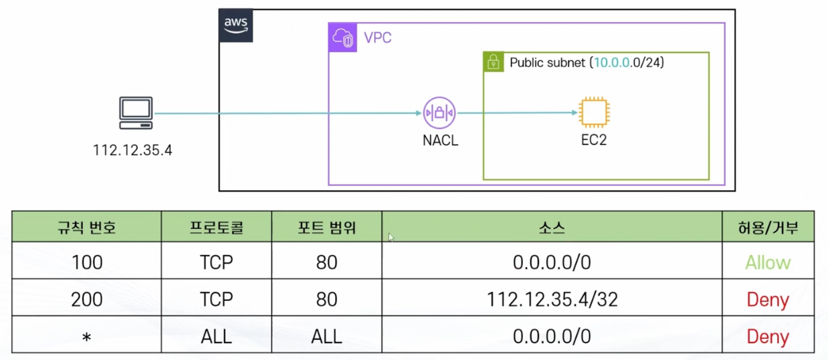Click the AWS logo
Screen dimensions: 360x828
click(236, 25)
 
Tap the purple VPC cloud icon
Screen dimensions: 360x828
click(342, 38)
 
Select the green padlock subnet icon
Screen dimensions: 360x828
click(493, 62)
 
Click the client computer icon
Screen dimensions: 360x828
click(136, 112)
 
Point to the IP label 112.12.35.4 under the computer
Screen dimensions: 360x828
click(132, 151)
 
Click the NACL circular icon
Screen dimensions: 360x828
click(439, 113)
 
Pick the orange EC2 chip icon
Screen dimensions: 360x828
click(593, 112)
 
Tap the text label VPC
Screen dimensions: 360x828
click(378, 38)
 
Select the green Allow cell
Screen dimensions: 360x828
click(768, 262)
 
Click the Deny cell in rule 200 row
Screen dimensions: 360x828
click(768, 299)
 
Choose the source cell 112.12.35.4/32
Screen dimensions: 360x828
click(552, 299)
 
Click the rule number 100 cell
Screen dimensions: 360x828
click(87, 262)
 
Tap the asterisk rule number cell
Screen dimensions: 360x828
click(87, 336)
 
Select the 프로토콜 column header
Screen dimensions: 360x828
click(216, 228)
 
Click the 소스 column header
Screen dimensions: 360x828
click(552, 228)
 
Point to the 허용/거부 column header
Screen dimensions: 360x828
click(768, 228)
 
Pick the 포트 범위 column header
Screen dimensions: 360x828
click(326, 228)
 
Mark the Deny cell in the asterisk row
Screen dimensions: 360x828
click(768, 336)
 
